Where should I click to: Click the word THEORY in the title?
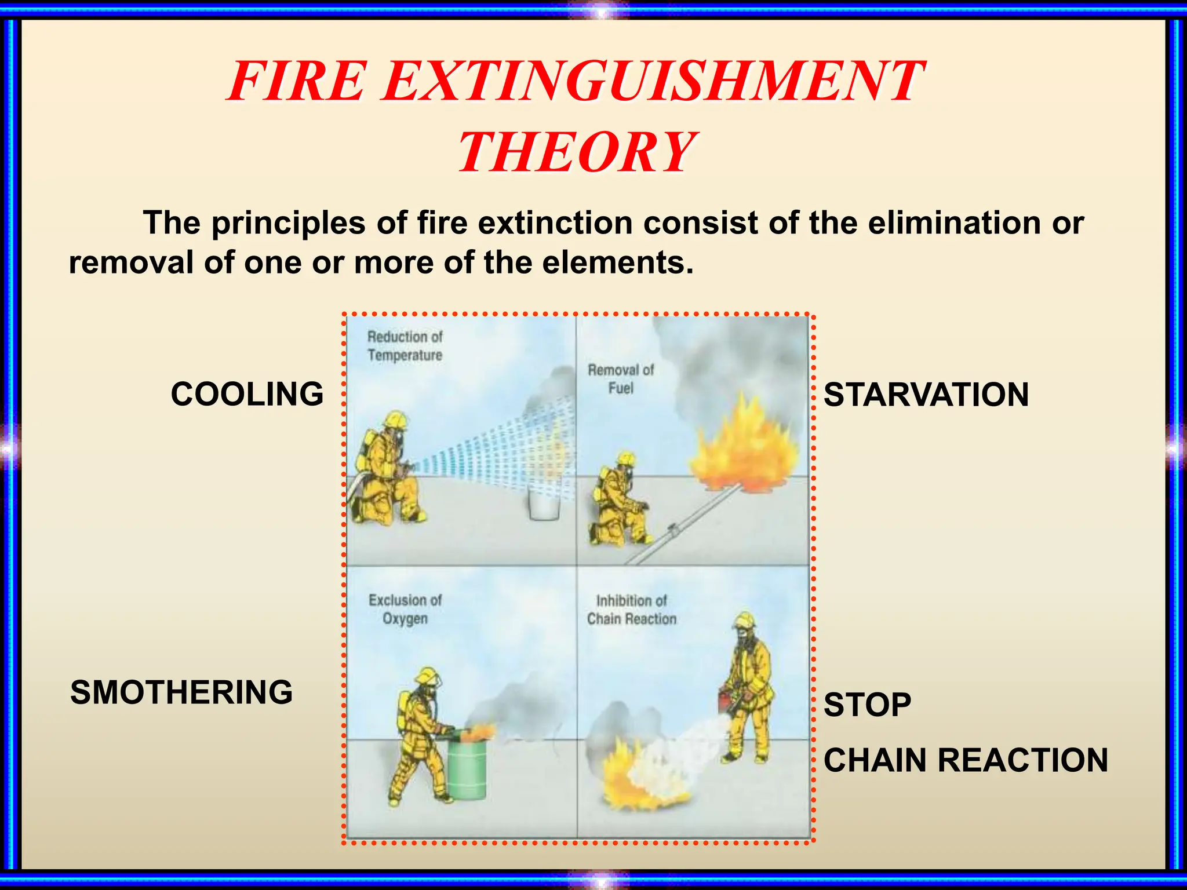click(577, 152)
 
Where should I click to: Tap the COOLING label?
click(247, 394)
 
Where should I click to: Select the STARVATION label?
click(926, 395)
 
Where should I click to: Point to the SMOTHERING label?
click(181, 692)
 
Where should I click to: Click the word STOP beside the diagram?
click(867, 705)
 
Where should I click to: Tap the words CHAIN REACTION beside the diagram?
click(965, 760)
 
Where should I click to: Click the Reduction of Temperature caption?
click(405, 346)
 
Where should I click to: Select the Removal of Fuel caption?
click(620, 379)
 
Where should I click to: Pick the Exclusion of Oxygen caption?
click(405, 609)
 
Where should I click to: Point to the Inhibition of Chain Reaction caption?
click(631, 610)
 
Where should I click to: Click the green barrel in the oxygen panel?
click(467, 771)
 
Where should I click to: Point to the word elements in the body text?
click(617, 262)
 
